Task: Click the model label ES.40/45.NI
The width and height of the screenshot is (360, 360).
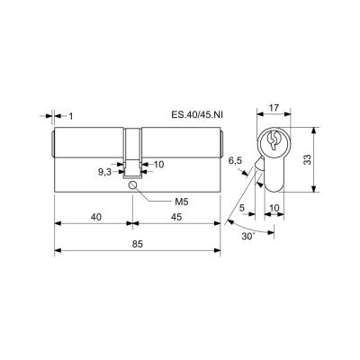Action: coord(197,114)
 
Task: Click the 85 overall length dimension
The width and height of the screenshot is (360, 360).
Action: coord(137,244)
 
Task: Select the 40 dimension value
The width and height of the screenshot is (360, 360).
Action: coord(96,217)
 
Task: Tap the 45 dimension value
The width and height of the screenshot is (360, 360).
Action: coord(176,217)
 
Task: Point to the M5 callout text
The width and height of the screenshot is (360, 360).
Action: coord(182,202)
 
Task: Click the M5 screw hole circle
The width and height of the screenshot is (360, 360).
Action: coord(132,185)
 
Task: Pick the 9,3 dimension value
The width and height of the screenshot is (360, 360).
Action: coord(104,172)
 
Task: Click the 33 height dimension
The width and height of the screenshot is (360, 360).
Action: coord(307,159)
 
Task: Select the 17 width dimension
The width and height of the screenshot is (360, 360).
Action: coord(274,108)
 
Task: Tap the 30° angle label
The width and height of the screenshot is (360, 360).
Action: coord(248,236)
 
